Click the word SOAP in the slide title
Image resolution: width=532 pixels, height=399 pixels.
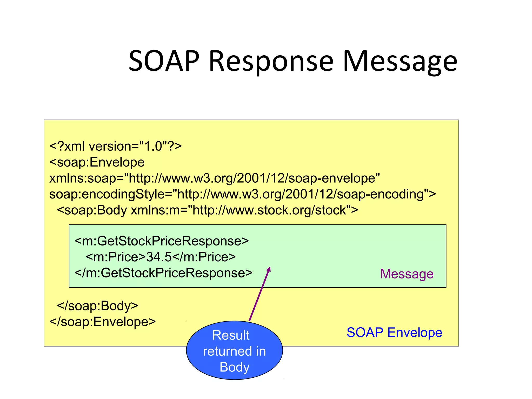[x=164, y=61]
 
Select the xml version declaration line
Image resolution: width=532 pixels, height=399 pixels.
[x=116, y=146]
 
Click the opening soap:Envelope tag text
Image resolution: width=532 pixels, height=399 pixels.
[x=97, y=162]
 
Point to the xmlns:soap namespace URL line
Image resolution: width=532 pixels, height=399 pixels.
[x=215, y=178]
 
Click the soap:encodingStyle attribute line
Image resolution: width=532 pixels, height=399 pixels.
[x=242, y=194]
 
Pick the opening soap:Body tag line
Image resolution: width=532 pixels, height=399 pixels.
[x=207, y=210]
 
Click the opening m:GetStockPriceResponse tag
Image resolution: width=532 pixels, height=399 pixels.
[x=162, y=241]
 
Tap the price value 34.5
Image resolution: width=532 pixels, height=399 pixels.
[x=159, y=257]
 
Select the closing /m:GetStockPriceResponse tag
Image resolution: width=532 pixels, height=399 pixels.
[x=163, y=273]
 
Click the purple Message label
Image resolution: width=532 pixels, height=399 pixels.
[x=407, y=274]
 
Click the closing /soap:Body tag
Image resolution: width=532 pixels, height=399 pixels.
[x=97, y=306]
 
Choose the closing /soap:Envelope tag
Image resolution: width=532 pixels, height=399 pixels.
[x=103, y=322]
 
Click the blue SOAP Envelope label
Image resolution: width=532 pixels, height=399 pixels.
[x=394, y=332]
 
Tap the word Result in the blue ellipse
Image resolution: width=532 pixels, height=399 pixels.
[x=231, y=335]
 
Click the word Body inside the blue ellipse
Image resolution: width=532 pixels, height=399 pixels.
[x=234, y=367]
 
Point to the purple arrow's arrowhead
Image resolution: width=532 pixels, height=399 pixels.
[x=269, y=269]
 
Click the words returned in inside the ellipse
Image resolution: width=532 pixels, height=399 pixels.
[x=234, y=351]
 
